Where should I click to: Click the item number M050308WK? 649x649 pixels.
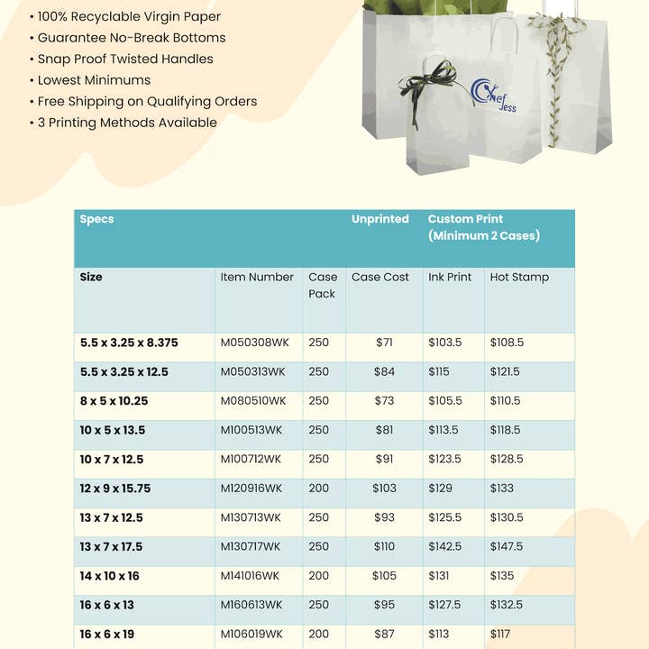click(x=252, y=343)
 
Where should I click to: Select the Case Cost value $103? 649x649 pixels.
click(x=384, y=488)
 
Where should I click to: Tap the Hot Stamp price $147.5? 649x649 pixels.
click(x=506, y=546)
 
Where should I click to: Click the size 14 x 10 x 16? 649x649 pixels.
click(x=110, y=575)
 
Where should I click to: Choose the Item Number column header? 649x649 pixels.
click(x=257, y=277)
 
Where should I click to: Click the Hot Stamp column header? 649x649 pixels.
click(x=519, y=277)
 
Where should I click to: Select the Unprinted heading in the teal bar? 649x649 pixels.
click(x=379, y=219)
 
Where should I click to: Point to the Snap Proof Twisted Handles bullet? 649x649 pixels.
click(x=125, y=59)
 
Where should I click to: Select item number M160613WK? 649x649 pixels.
click(x=251, y=604)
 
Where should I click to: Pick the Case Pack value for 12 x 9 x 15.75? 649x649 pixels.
click(x=319, y=488)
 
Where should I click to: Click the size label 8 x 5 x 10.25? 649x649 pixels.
click(x=114, y=400)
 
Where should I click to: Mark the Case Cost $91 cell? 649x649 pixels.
click(x=384, y=459)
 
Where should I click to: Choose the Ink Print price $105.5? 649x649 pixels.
click(x=444, y=400)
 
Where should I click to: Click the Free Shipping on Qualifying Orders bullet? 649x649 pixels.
click(x=147, y=101)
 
